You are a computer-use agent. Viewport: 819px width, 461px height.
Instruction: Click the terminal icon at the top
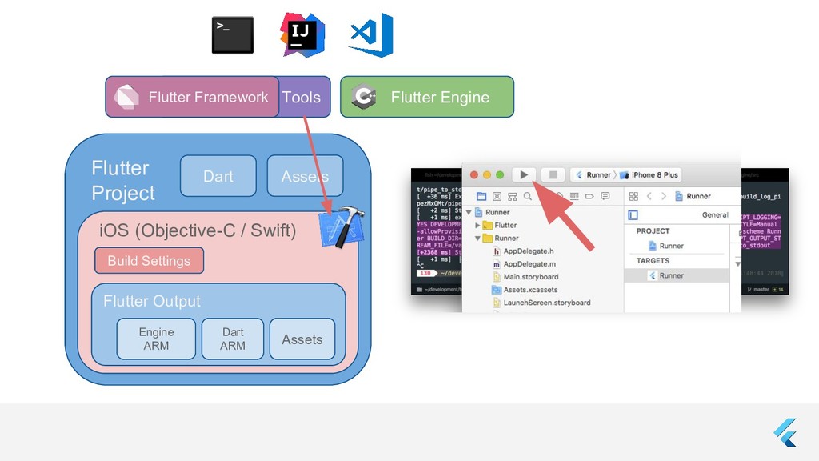pyautogui.click(x=233, y=35)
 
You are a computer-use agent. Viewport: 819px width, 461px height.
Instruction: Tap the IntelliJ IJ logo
pyautogui.click(x=302, y=35)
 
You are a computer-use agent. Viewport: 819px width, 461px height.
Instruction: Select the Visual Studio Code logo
pyautogui.click(x=371, y=34)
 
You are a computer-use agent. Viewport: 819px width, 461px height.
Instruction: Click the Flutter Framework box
pyautogui.click(x=193, y=97)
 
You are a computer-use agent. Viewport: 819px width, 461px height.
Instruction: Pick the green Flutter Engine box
pyautogui.click(x=427, y=97)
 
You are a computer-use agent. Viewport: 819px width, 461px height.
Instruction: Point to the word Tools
pyautogui.click(x=302, y=98)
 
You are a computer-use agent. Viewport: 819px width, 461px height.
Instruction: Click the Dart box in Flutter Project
pyautogui.click(x=218, y=176)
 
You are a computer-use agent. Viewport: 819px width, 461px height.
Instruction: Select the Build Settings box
pyautogui.click(x=149, y=260)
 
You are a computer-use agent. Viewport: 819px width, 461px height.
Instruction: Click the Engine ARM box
pyautogui.click(x=156, y=339)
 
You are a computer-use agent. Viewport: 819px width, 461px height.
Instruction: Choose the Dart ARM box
pyautogui.click(x=233, y=339)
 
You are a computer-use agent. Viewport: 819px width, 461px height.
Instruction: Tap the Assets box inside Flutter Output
pyautogui.click(x=302, y=339)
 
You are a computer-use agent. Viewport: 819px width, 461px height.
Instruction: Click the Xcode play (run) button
pyautogui.click(x=524, y=174)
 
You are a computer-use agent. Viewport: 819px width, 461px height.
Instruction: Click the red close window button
pyautogui.click(x=473, y=174)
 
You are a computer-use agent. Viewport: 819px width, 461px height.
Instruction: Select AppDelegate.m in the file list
pyautogui.click(x=529, y=263)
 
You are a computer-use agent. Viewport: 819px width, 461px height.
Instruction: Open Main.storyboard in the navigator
pyautogui.click(x=530, y=276)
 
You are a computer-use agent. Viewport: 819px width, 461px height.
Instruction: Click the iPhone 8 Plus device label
pyautogui.click(x=654, y=174)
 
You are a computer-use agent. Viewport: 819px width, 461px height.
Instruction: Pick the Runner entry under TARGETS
pyautogui.click(x=671, y=275)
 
